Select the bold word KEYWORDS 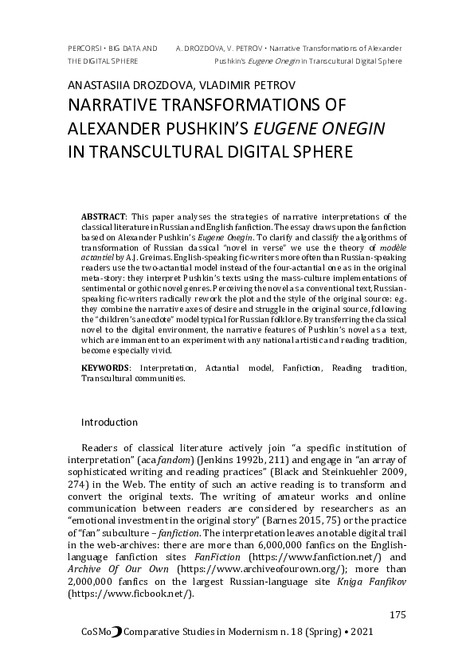pyautogui.click(x=106, y=368)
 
